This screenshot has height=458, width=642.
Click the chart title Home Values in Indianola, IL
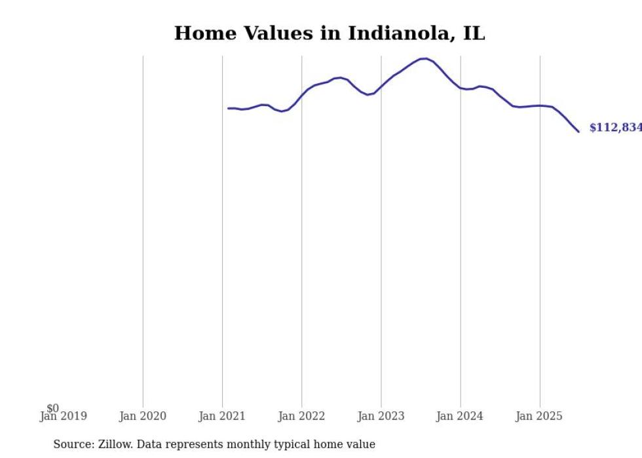click(329, 33)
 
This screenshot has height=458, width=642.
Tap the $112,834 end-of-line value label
click(615, 128)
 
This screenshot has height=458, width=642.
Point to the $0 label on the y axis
click(52, 408)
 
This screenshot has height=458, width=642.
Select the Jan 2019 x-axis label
click(63, 417)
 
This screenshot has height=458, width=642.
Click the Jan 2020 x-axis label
click(143, 417)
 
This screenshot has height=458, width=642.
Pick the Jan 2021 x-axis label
click(222, 417)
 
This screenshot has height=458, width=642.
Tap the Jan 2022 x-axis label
click(301, 417)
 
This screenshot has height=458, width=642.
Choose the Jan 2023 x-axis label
click(381, 417)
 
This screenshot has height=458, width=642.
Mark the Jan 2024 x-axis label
click(461, 417)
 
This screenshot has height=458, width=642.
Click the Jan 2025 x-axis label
click(540, 417)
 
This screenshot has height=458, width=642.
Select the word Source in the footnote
click(73, 444)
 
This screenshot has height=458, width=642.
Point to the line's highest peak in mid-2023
click(425, 58)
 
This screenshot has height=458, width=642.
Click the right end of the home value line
click(578, 132)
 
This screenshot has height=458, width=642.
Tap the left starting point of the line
click(229, 108)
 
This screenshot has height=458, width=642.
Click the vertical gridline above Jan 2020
click(143, 229)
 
